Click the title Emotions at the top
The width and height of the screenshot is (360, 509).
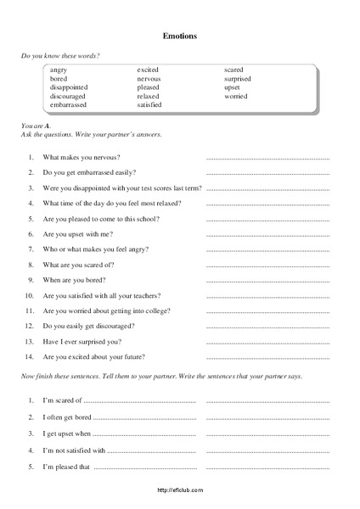click(x=179, y=36)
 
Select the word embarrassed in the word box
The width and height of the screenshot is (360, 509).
click(x=69, y=104)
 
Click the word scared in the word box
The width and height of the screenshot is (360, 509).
click(x=234, y=70)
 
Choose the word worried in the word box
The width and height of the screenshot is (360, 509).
click(x=236, y=96)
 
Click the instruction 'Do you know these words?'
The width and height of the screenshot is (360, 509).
click(x=59, y=55)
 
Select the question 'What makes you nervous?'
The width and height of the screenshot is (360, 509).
click(x=82, y=158)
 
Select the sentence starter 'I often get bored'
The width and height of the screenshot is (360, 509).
click(x=67, y=417)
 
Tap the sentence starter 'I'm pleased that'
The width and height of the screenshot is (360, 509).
click(x=65, y=467)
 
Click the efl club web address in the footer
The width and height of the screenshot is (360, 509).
click(x=180, y=490)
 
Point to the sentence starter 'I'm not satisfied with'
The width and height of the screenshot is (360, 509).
click(x=74, y=450)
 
